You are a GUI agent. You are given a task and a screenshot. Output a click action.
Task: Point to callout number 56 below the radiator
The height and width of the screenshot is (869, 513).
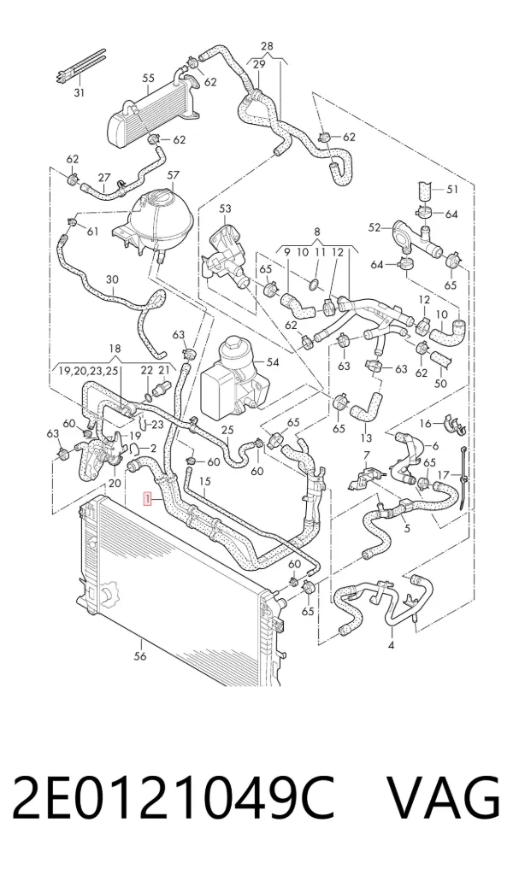(x=140, y=656)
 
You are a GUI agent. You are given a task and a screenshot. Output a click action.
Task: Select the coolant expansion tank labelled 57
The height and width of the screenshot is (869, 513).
(x=159, y=217)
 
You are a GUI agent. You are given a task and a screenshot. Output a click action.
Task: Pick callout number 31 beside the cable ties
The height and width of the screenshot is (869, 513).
(x=80, y=92)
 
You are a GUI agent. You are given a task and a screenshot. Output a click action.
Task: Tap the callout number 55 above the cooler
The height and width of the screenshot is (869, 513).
(x=148, y=78)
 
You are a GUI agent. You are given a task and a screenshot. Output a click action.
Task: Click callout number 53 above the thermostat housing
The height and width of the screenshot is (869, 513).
(x=225, y=209)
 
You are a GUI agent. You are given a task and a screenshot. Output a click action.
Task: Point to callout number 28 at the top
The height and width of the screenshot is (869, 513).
(x=267, y=46)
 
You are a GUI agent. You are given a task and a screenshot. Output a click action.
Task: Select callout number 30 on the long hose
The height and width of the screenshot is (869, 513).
(x=112, y=280)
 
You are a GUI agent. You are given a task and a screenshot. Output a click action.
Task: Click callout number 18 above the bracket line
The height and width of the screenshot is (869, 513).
(x=115, y=349)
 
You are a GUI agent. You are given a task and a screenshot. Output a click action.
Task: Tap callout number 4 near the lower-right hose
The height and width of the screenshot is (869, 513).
(x=391, y=645)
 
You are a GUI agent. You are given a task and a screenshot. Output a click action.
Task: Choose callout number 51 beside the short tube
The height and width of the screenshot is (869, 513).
(x=452, y=190)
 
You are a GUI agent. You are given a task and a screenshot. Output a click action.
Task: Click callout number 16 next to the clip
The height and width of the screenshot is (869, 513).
(x=426, y=424)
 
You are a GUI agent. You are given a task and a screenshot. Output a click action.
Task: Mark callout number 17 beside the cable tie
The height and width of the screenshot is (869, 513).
(x=443, y=475)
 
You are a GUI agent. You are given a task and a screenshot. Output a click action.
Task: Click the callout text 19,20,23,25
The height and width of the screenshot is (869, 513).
(x=85, y=371)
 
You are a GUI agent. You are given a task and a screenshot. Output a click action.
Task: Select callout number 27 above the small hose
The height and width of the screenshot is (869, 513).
(x=104, y=178)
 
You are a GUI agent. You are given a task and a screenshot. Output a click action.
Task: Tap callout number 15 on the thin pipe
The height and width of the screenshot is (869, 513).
(x=205, y=481)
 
